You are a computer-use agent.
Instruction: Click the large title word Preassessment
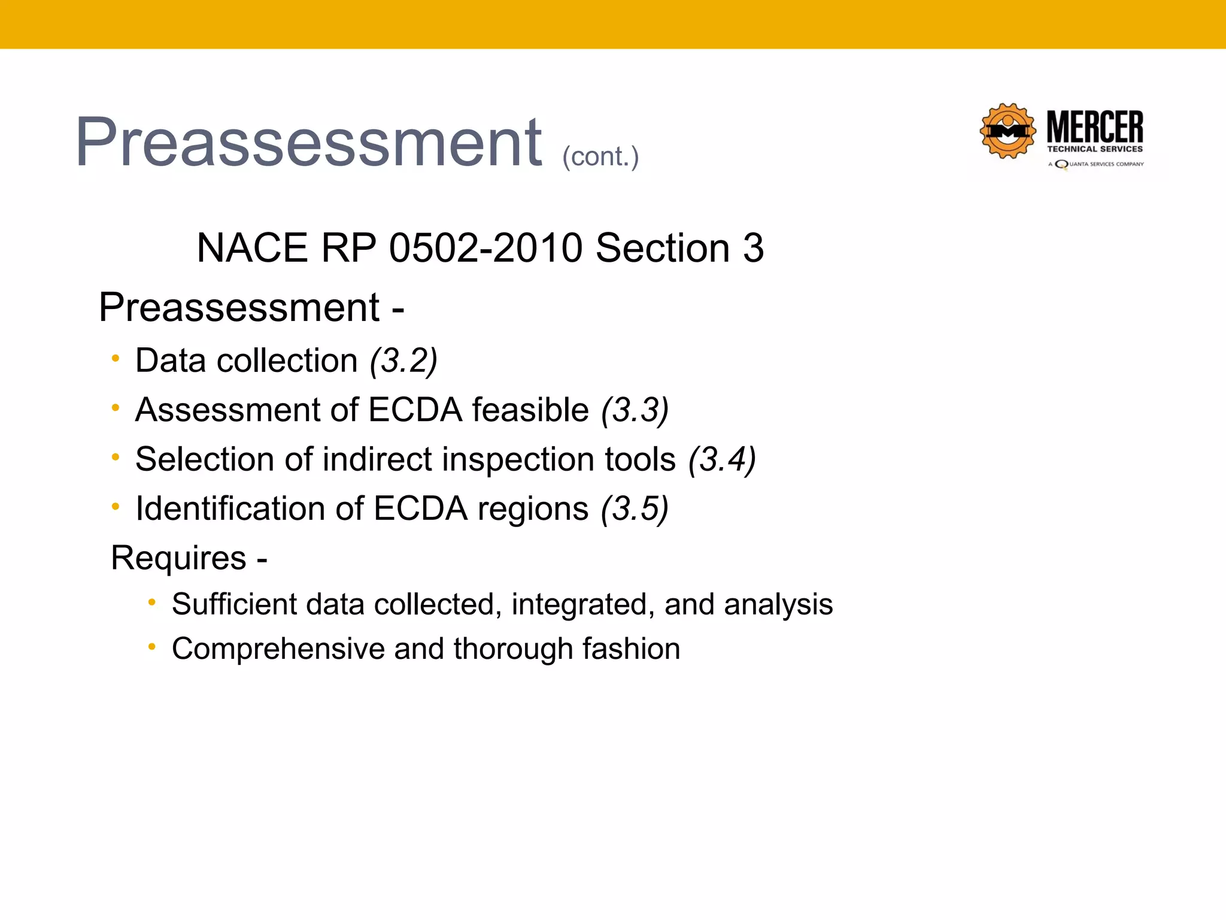[x=308, y=143]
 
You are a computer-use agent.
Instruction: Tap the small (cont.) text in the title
[x=600, y=156]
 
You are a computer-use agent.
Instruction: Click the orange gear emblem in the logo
[x=1008, y=131]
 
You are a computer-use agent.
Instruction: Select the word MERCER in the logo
[x=1095, y=127]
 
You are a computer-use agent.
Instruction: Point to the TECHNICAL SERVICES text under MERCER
[x=1095, y=149]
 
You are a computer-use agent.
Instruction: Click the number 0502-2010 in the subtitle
[x=485, y=248]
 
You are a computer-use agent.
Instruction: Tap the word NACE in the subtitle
[x=252, y=248]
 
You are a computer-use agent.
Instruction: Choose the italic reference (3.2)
[x=403, y=361]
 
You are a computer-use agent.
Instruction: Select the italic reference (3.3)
[x=635, y=410]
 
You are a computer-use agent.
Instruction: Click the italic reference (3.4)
[x=722, y=459]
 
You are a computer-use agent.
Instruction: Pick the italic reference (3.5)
[x=635, y=509]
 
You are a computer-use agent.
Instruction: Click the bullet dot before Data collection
[x=116, y=359]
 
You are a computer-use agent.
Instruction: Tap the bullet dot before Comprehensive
[x=152, y=647]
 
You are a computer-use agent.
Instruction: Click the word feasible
[x=530, y=410]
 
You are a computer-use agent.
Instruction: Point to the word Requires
[x=178, y=558]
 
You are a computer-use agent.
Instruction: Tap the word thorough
[x=513, y=649]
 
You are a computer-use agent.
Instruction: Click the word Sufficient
[x=234, y=604]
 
